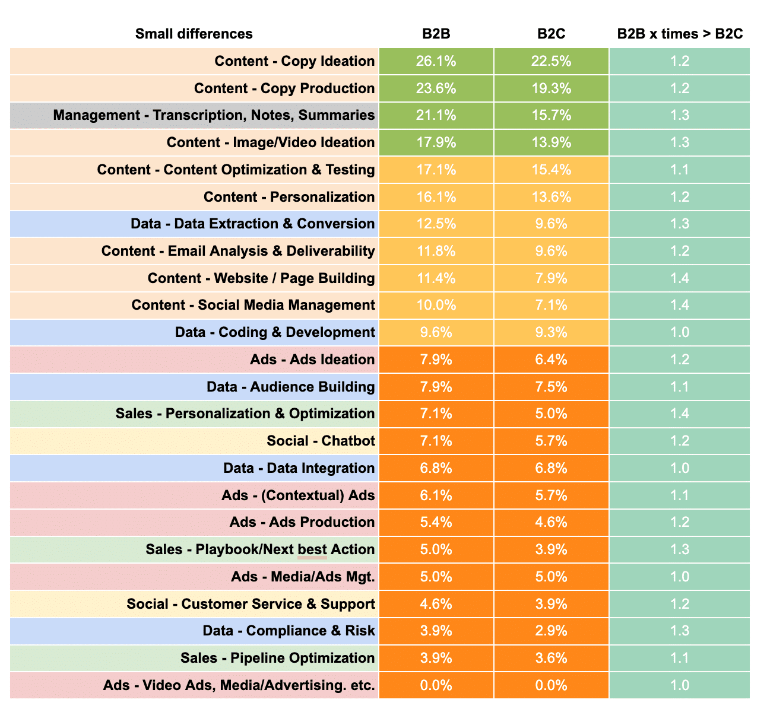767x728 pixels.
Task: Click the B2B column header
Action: coord(436,34)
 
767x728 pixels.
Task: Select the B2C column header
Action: coord(551,34)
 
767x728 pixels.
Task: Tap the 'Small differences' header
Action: coord(194,34)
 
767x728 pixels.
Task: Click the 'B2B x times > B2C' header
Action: coord(680,34)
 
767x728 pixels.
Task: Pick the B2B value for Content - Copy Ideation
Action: coord(436,61)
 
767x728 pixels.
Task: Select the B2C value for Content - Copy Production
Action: coord(551,88)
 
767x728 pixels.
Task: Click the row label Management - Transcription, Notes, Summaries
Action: coord(214,115)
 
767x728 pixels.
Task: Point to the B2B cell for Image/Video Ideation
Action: coord(436,142)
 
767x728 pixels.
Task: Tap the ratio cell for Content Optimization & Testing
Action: coord(679,170)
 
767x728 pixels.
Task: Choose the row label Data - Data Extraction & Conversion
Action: coord(252,224)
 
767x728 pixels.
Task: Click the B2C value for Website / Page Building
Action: coord(551,278)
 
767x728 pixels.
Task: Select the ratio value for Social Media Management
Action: coord(679,305)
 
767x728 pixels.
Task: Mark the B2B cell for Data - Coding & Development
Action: coord(436,332)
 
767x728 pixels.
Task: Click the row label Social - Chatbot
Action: coord(321,441)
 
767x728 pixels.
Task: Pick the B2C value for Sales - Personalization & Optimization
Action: coord(551,414)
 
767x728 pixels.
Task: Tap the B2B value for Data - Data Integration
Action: coord(436,468)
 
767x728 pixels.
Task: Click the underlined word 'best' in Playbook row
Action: coord(312,549)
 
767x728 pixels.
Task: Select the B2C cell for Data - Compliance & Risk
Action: coord(551,631)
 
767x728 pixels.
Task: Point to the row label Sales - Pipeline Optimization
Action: coord(277,658)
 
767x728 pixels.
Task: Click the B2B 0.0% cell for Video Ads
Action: coord(436,685)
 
